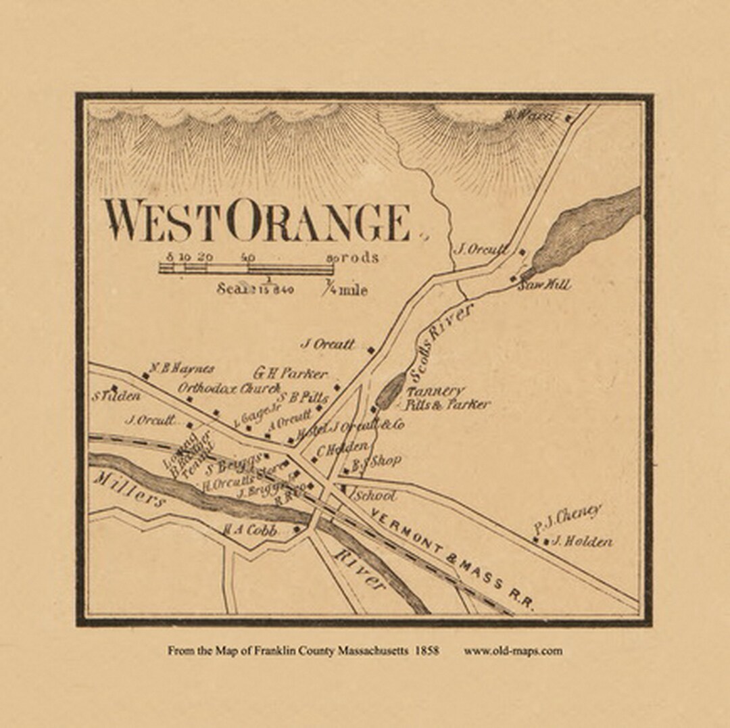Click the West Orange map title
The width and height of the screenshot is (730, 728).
257,222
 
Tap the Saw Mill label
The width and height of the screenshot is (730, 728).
543,285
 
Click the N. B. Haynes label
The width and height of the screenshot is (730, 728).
182,369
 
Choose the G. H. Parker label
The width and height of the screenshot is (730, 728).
290,373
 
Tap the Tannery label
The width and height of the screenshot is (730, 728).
435,391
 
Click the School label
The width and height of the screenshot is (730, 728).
374,495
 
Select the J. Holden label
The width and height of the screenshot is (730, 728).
581,541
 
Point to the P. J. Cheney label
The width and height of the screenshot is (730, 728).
566,518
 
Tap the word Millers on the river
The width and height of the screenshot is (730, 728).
128,490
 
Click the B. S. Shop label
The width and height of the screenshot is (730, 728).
376,462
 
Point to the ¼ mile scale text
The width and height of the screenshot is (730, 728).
347,290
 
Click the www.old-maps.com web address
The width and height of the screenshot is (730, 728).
512,651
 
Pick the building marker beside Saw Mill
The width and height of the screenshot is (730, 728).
514,278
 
